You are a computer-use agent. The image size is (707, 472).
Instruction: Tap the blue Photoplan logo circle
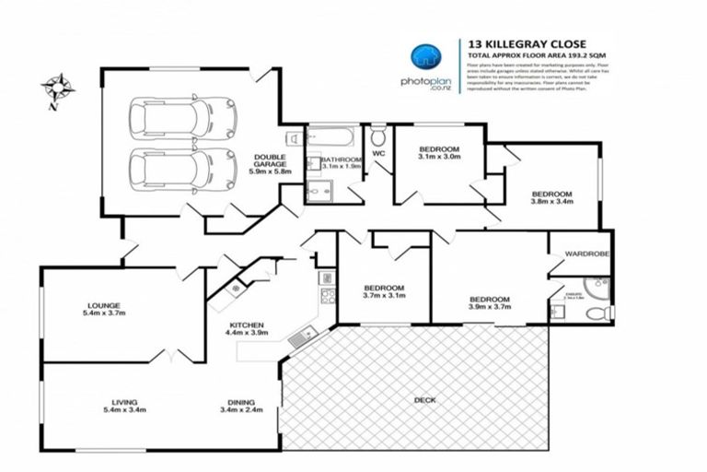click(x=424, y=56)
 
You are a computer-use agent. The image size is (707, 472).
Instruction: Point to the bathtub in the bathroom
click(x=329, y=138)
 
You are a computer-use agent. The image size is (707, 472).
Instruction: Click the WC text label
click(x=378, y=154)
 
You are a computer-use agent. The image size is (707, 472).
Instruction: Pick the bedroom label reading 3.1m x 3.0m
click(x=438, y=153)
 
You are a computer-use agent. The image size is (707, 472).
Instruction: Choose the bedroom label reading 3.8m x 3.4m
click(x=552, y=197)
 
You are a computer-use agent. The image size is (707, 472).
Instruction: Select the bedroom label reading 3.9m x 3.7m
click(x=489, y=304)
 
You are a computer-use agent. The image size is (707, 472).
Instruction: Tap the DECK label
click(x=425, y=399)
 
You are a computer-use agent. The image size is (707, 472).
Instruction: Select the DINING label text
click(x=243, y=406)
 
